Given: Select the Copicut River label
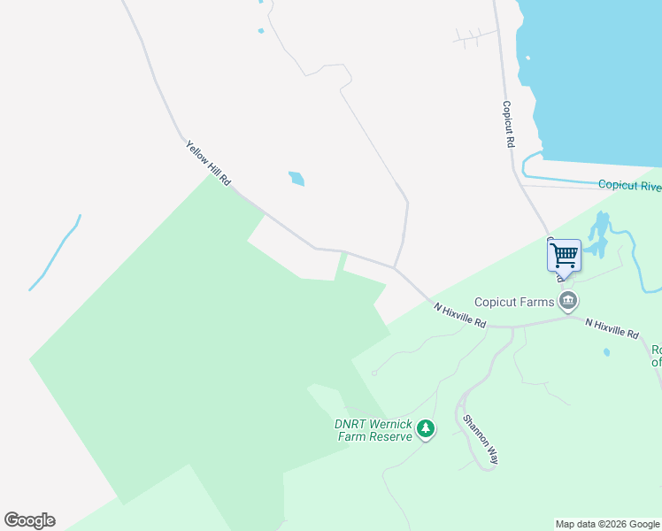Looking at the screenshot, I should tap(629, 185).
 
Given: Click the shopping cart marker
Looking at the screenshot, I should tap(564, 255).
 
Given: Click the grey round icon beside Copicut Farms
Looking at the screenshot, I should tap(568, 302).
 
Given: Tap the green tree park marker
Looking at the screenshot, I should tap(427, 429).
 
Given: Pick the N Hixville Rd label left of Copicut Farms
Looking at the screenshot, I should tap(460, 316).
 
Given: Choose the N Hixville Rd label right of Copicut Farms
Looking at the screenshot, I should tap(612, 328).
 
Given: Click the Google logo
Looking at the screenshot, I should tap(29, 520).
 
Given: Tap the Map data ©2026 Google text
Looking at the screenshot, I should tap(608, 524).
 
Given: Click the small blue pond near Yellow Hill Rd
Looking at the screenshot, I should tap(296, 179).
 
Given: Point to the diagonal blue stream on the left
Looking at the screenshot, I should tap(56, 252).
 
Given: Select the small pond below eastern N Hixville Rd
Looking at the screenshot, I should tap(606, 352).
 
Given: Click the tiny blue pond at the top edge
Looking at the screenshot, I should tap(261, 32).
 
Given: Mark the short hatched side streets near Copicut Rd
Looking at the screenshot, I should tap(473, 36).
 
